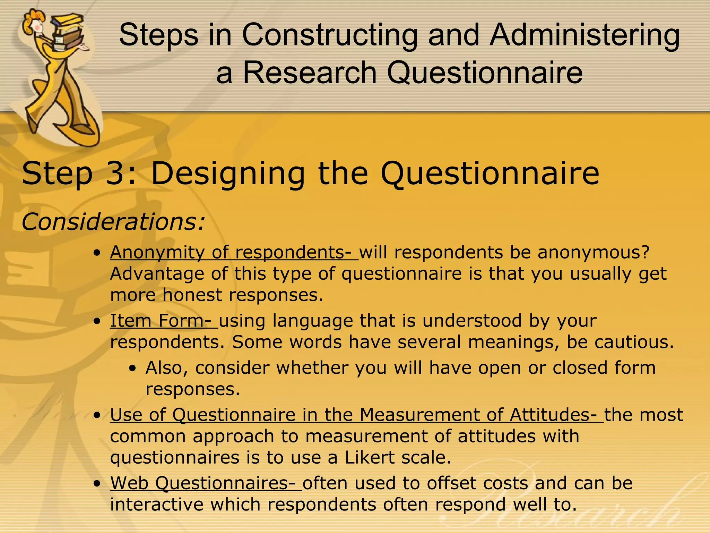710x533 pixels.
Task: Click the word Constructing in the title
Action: (330, 36)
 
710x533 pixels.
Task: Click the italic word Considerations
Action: (113, 222)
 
